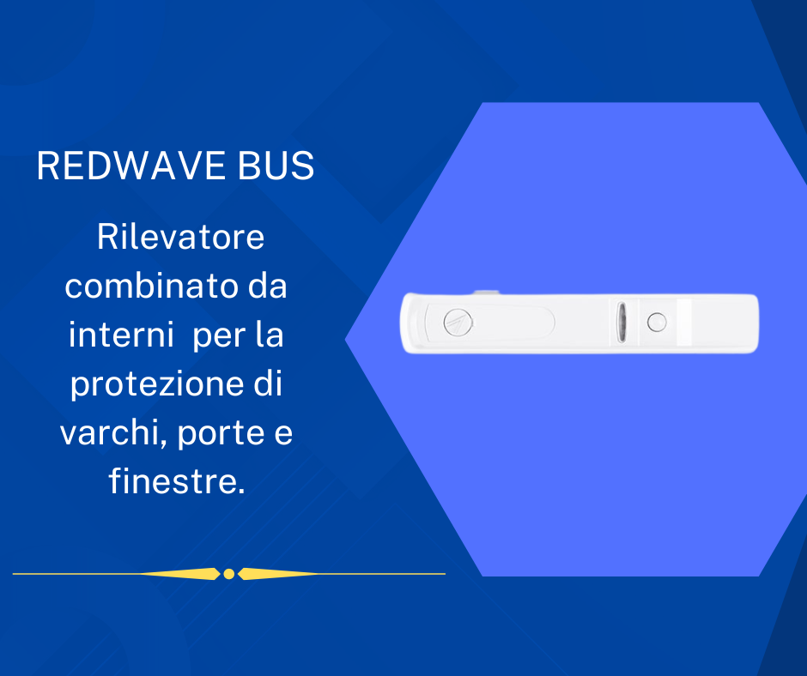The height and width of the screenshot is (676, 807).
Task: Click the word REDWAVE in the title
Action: click(131, 166)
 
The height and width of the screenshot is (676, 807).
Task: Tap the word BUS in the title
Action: click(276, 166)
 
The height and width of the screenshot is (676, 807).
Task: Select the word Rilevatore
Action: click(180, 237)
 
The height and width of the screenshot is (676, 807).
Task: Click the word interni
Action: click(121, 335)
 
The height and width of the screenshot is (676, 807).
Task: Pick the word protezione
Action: click(157, 385)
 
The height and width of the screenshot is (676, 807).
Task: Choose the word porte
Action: click(221, 435)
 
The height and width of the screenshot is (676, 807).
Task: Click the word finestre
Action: click(177, 481)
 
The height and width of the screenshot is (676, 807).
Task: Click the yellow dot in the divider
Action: click(229, 574)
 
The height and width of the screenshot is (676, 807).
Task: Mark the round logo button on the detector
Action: click(458, 323)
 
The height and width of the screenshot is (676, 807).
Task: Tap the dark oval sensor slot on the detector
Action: click(622, 323)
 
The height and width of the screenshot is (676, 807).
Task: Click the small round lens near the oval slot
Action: click(657, 323)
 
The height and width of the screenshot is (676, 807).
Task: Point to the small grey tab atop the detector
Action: click(487, 293)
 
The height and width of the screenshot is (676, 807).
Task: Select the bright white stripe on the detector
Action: click(684, 322)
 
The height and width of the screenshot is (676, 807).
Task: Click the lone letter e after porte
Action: click(283, 434)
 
